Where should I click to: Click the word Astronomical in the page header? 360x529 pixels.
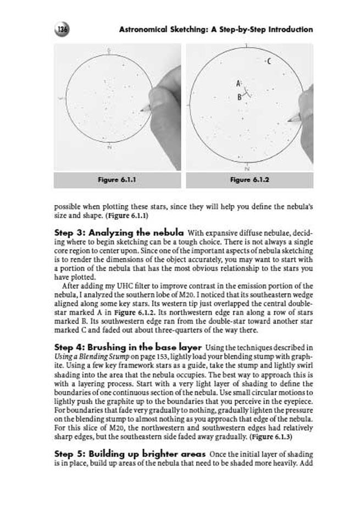click(x=145, y=29)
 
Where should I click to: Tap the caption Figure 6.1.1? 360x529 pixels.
click(x=118, y=180)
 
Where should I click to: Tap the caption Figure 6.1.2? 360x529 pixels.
click(x=250, y=180)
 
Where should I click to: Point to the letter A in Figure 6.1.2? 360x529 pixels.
click(x=237, y=83)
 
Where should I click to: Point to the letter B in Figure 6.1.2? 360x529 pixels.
click(x=239, y=96)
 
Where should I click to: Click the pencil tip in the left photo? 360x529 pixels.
click(x=141, y=110)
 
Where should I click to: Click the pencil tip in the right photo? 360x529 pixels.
click(x=289, y=119)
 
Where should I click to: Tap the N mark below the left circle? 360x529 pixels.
click(x=109, y=147)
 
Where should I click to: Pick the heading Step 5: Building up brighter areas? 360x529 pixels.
click(x=129, y=454)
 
